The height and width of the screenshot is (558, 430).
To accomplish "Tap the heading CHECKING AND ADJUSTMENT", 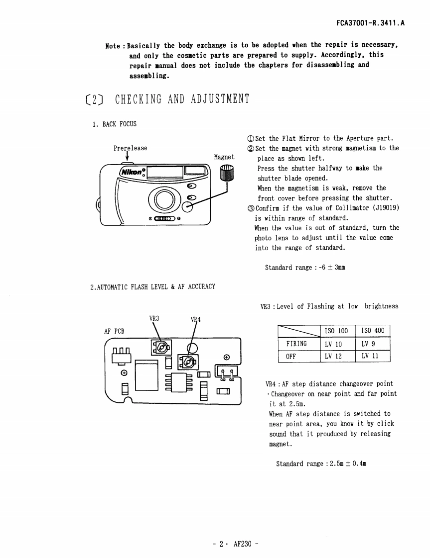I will [181, 99].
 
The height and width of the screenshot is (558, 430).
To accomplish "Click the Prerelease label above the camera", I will [130, 148].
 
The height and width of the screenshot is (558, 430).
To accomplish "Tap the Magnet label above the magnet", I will [224, 157].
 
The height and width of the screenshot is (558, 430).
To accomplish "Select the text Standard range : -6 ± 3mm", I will [305, 268].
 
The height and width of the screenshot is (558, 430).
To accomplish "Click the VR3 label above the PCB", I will [154, 318].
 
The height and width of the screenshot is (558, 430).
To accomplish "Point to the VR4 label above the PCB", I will [195, 319].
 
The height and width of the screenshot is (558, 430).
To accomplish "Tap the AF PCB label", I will [114, 331].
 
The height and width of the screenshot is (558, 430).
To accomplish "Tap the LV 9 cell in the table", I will [368, 344].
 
